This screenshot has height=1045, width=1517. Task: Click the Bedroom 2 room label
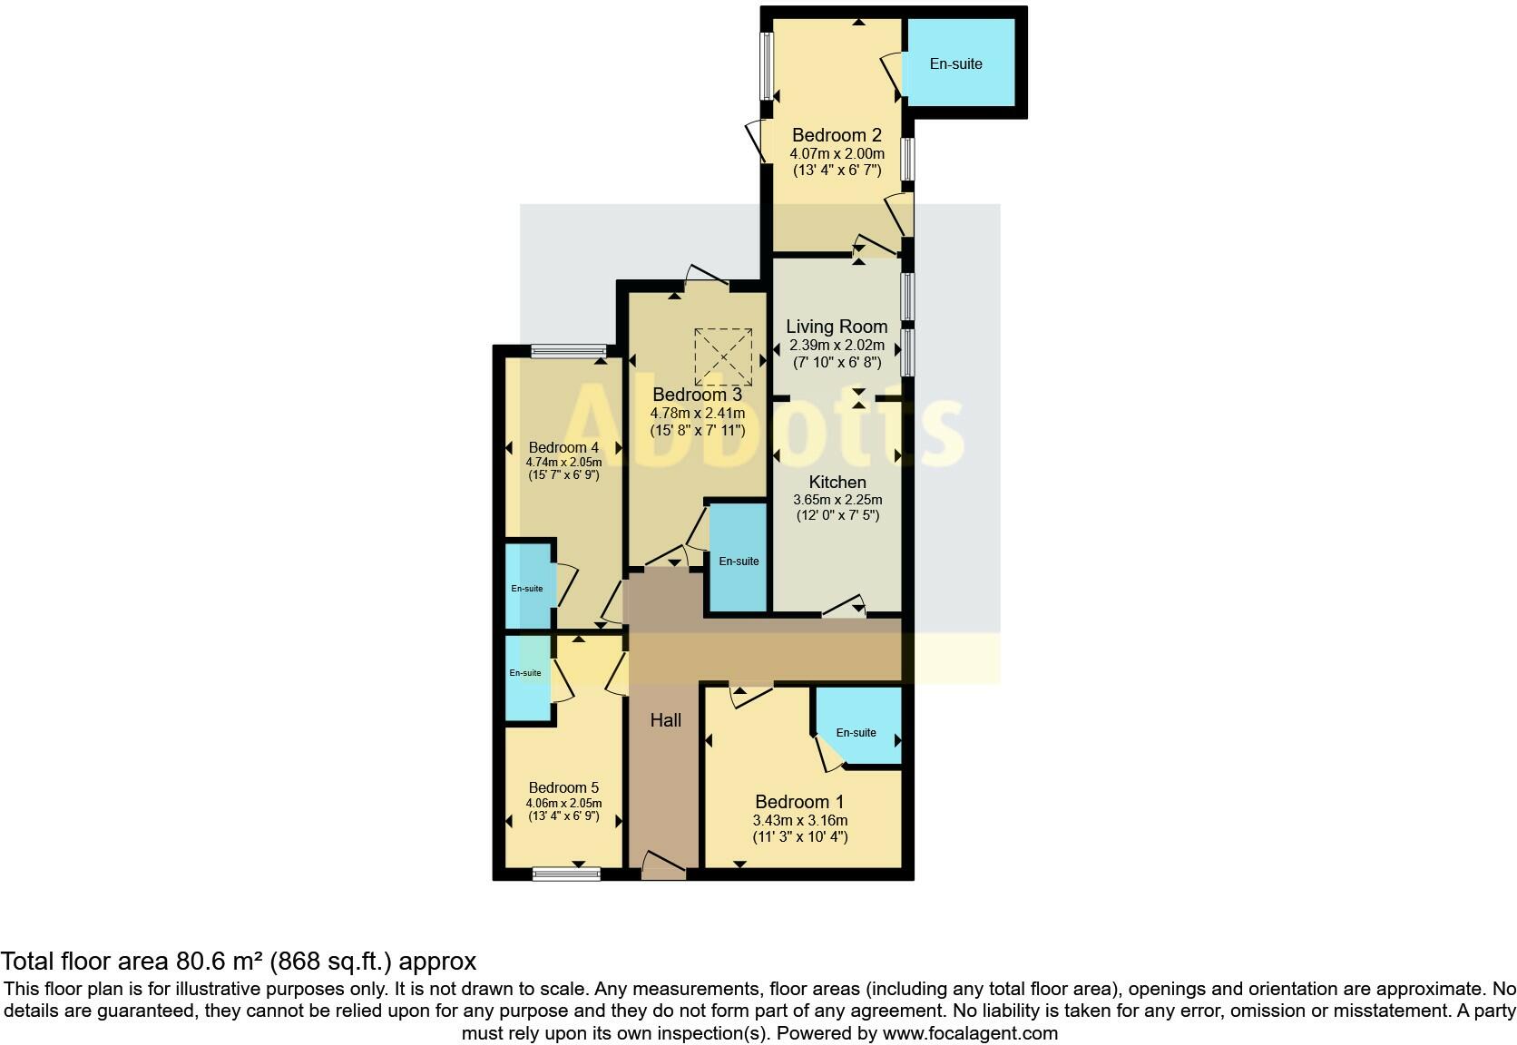click(x=837, y=136)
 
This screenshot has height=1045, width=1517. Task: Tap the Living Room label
click(x=837, y=327)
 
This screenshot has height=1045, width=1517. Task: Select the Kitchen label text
click(x=837, y=483)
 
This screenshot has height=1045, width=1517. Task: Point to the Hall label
click(x=665, y=720)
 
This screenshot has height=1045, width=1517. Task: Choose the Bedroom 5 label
click(x=563, y=787)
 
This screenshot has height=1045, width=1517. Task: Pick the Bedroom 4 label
click(x=563, y=447)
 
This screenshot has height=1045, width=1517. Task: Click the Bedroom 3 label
click(x=697, y=395)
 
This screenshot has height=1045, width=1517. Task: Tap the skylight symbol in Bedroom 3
click(x=724, y=356)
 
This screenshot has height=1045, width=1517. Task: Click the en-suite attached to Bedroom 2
click(x=956, y=64)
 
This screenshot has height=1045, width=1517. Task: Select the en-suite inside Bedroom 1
click(x=856, y=732)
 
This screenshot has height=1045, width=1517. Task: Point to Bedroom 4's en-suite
click(x=527, y=589)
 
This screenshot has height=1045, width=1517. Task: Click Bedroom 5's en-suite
click(x=525, y=673)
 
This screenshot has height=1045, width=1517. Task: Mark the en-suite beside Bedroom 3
click(x=739, y=562)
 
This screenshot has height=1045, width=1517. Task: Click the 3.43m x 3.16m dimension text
click(x=799, y=820)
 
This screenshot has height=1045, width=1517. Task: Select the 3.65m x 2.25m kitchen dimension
click(x=837, y=500)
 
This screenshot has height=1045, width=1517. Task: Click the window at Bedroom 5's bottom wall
click(x=566, y=874)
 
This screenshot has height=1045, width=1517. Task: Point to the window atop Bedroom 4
click(x=569, y=351)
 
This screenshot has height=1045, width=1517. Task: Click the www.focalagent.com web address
click(x=970, y=1033)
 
